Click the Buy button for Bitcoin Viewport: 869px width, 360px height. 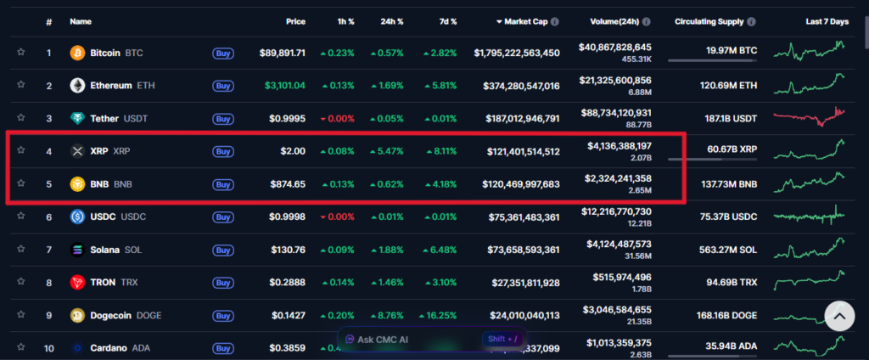(223, 53)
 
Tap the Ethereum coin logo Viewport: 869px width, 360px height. (77, 86)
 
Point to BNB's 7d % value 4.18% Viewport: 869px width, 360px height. (441, 184)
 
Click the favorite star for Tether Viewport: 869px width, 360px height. (20, 118)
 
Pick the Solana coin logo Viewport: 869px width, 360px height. (77, 250)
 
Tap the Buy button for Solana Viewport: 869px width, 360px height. (223, 250)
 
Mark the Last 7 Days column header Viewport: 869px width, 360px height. (827, 20)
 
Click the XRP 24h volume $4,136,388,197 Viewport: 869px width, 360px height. (620, 146)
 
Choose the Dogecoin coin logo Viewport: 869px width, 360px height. (77, 315)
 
